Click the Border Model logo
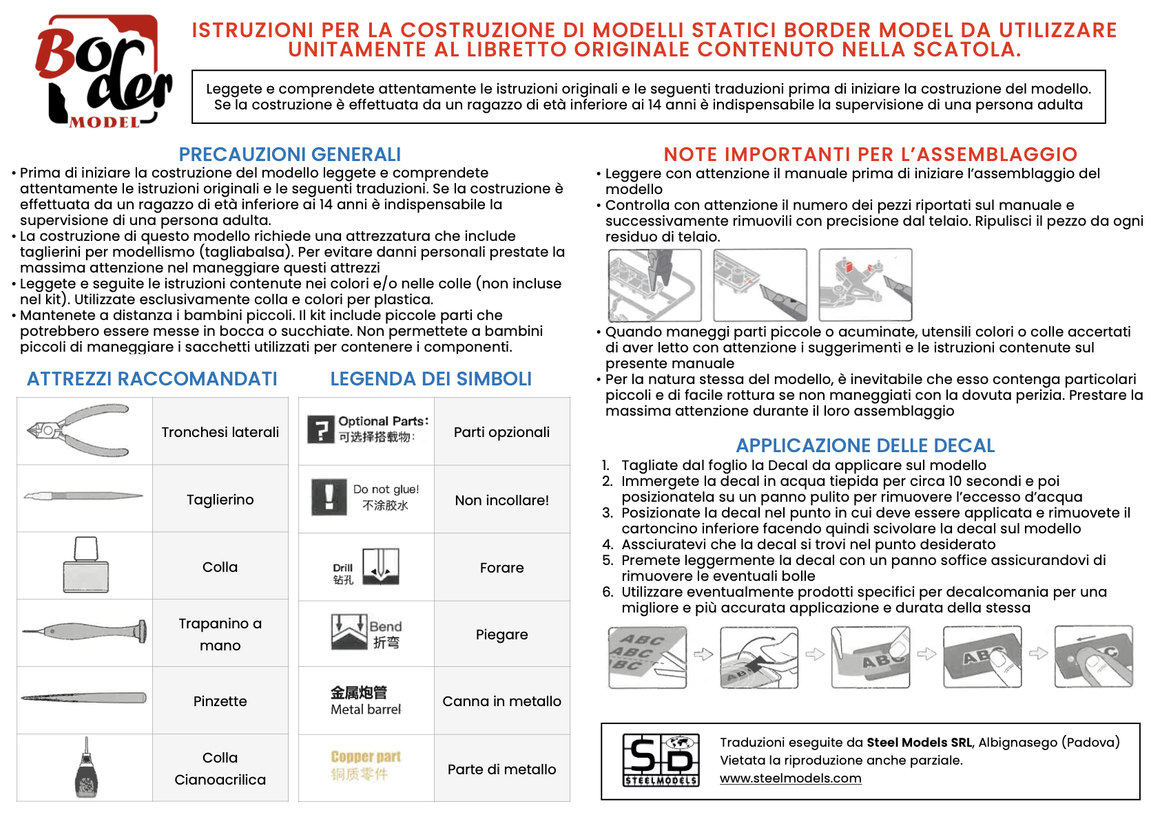[x=103, y=72]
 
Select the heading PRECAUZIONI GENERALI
[x=289, y=154]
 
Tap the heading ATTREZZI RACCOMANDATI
[x=152, y=379]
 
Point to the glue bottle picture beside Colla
[x=85, y=565]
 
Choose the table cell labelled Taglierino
[x=220, y=500]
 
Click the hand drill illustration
[x=84, y=630]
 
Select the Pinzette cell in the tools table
[x=220, y=701]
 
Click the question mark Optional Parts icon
[x=320, y=430]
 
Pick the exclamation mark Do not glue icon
[x=329, y=496]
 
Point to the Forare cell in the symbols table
[x=501, y=568]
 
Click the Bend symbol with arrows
[x=349, y=632]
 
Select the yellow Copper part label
[x=365, y=757]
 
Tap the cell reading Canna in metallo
[x=501, y=701]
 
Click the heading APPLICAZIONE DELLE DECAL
[x=865, y=445]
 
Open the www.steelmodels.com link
[x=790, y=778]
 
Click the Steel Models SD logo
[x=661, y=760]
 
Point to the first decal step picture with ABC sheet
[x=648, y=657]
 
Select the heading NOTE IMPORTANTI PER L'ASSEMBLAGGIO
[x=870, y=154]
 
